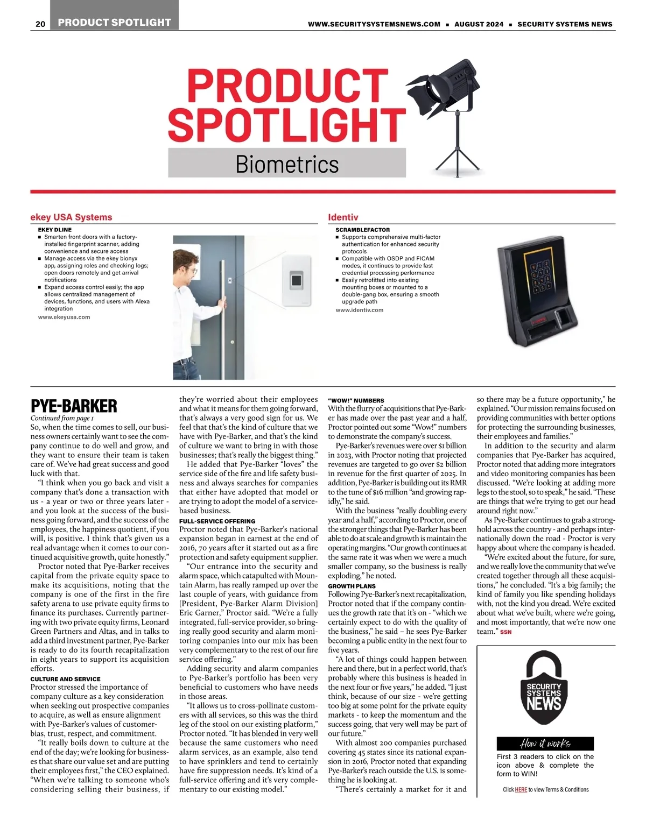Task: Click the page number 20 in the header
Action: tap(40, 24)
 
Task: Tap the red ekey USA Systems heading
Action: tap(71, 217)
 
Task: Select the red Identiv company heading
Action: tap(343, 217)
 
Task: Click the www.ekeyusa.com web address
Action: tap(64, 317)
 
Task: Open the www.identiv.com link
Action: tap(359, 310)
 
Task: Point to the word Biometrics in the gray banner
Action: tap(287, 164)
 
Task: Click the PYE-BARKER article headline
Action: tap(74, 406)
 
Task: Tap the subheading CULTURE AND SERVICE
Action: tap(65, 679)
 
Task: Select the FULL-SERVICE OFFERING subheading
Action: tap(217, 521)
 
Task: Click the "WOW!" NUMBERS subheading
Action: tap(356, 401)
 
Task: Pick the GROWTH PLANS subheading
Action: tap(352, 586)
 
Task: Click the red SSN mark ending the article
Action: tap(505, 632)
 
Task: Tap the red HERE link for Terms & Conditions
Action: tap(521, 790)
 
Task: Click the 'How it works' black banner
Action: tap(545, 744)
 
